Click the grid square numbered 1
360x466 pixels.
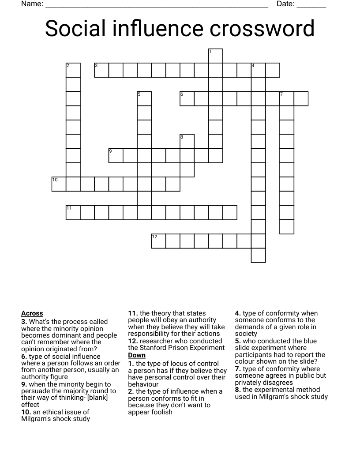(x=216, y=56)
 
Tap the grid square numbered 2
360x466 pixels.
(x=73, y=70)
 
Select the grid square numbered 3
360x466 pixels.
(x=101, y=70)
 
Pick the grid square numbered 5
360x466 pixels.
(x=144, y=99)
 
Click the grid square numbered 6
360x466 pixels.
(x=187, y=99)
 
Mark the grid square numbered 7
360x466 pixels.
(x=287, y=99)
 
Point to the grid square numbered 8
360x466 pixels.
(x=187, y=142)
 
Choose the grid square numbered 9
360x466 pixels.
(x=116, y=156)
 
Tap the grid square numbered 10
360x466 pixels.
(x=59, y=184)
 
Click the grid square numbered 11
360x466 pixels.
(x=73, y=213)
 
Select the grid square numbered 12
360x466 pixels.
(x=158, y=241)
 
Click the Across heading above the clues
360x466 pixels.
(x=32, y=313)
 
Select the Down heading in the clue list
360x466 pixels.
(x=137, y=355)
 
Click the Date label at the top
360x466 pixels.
(x=285, y=4)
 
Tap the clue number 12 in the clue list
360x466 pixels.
(x=133, y=341)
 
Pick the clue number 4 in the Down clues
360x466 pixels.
(x=238, y=313)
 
